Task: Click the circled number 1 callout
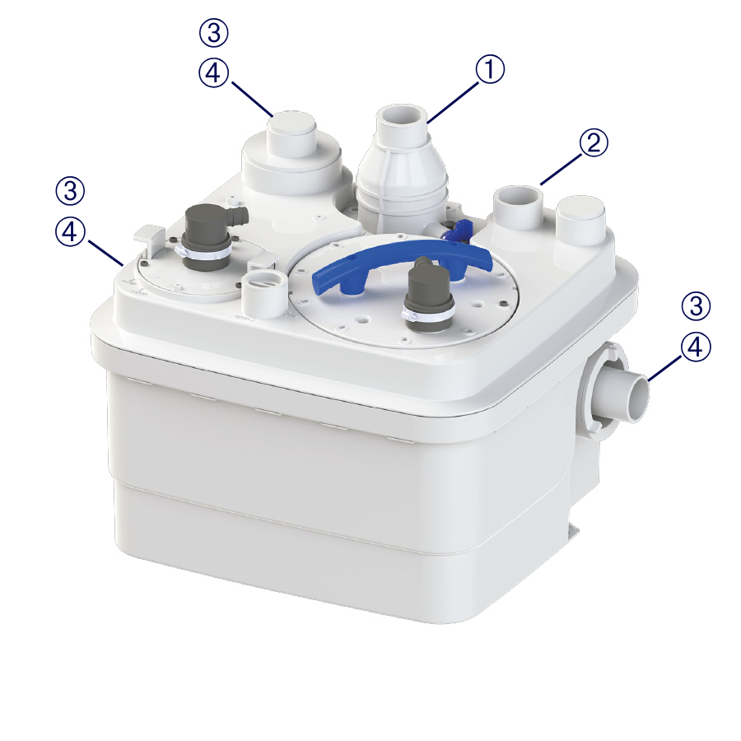pyautogui.click(x=490, y=69)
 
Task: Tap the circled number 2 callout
pyautogui.click(x=594, y=142)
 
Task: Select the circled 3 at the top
pyautogui.click(x=213, y=33)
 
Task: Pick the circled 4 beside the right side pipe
pyautogui.click(x=696, y=347)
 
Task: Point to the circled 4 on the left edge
pyautogui.click(x=70, y=231)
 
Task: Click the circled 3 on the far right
pyautogui.click(x=696, y=305)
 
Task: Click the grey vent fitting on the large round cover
pyautogui.click(x=427, y=293)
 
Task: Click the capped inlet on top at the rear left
pyautogui.click(x=291, y=133)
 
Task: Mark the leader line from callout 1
pyautogui.click(x=454, y=102)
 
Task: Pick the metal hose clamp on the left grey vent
pyautogui.click(x=203, y=253)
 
